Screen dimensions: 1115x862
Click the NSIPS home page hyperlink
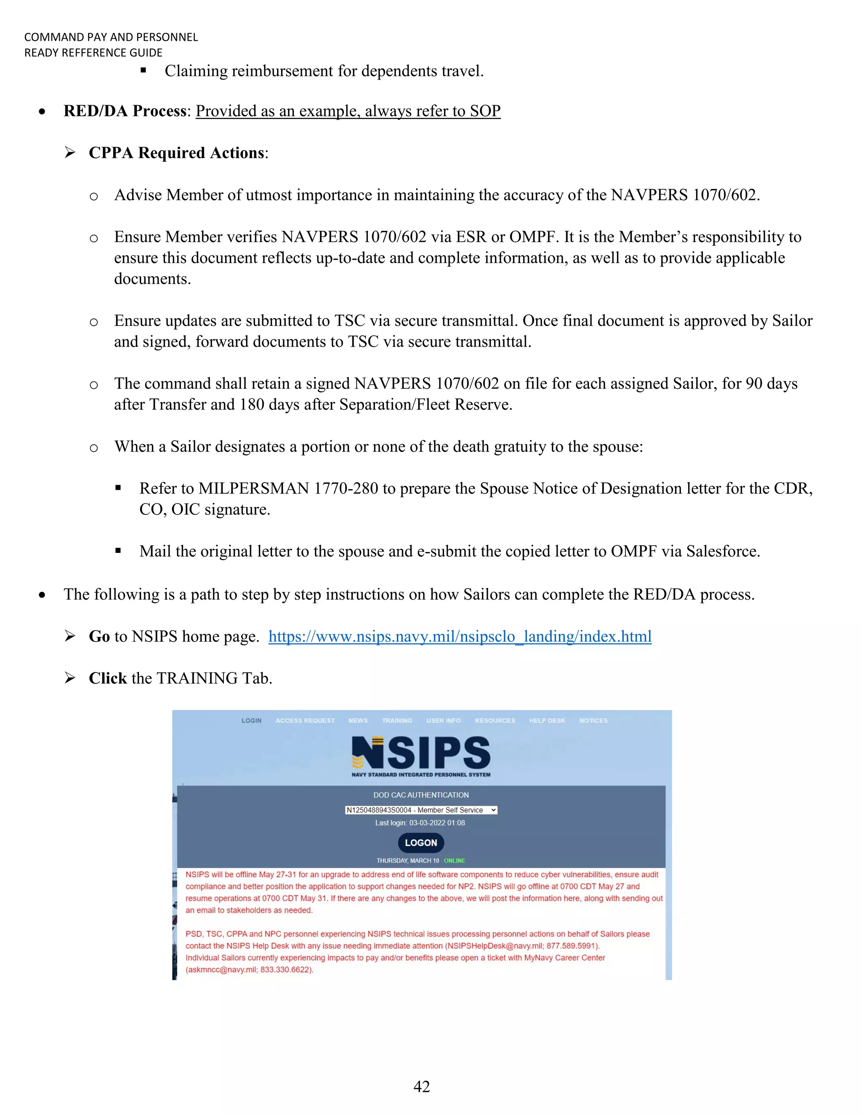pos(460,636)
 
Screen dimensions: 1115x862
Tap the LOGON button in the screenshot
pos(421,843)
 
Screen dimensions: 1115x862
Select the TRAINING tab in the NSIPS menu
pos(397,720)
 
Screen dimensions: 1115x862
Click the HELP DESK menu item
pos(547,720)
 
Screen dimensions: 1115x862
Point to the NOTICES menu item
pos(593,720)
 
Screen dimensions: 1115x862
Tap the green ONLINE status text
pos(455,860)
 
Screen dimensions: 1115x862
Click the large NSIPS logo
pos(421,753)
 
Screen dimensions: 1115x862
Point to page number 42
pos(421,1086)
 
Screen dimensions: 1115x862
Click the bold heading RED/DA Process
pos(125,111)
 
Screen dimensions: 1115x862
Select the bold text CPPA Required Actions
pos(177,153)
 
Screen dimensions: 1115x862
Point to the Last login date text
pos(420,823)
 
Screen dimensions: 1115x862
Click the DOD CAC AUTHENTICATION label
pos(421,795)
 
